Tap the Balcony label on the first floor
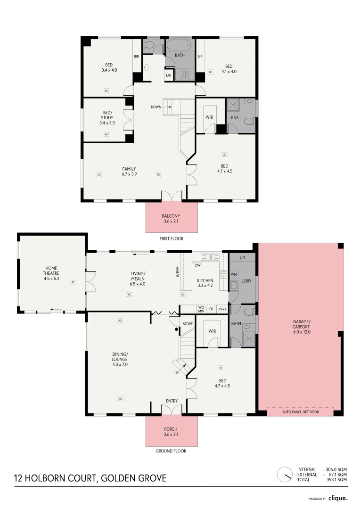pyautogui.click(x=172, y=218)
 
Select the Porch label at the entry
pyautogui.click(x=171, y=431)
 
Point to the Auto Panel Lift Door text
pyautogui.click(x=300, y=411)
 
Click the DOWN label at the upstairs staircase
pyautogui.click(x=156, y=107)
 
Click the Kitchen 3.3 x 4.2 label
pyautogui.click(x=205, y=282)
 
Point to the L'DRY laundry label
pyautogui.click(x=246, y=281)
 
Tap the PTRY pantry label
pyautogui.click(x=222, y=310)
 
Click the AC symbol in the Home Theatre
pyautogui.click(x=73, y=282)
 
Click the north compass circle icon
pyautogui.click(x=285, y=474)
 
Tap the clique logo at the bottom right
pyautogui.click(x=338, y=498)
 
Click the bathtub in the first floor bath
pyautogui.click(x=179, y=46)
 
